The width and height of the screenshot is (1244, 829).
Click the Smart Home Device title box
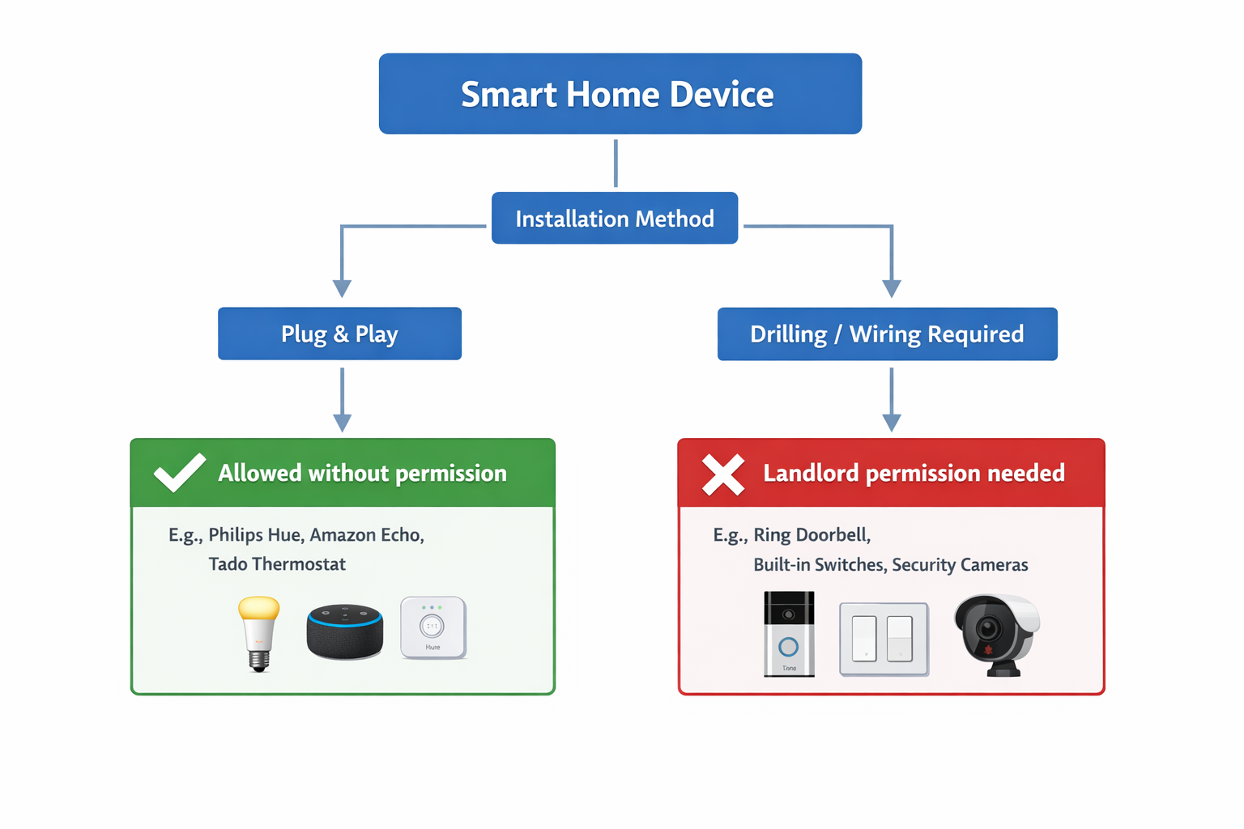(620, 94)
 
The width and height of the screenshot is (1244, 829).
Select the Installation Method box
(615, 219)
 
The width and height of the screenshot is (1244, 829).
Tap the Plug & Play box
(339, 334)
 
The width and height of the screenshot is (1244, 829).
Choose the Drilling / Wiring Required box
(887, 334)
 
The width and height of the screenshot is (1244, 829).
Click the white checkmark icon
(179, 473)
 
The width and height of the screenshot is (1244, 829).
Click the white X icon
(722, 474)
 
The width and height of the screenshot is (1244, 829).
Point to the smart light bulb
(258, 633)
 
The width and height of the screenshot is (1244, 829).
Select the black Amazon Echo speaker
(344, 632)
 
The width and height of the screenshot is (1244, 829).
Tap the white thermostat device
(432, 627)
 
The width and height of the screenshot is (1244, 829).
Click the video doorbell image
(789, 634)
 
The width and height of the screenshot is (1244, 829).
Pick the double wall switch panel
(884, 639)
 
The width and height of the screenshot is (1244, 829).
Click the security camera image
(995, 635)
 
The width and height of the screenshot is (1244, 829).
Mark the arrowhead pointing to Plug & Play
(342, 288)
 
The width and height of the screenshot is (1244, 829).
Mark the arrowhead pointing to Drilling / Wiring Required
(892, 288)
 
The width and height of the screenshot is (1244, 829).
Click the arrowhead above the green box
(342, 422)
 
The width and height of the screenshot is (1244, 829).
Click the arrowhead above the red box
(892, 422)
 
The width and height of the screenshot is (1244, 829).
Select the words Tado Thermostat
(277, 564)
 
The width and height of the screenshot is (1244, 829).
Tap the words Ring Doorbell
(812, 535)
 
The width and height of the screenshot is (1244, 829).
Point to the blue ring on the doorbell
(788, 647)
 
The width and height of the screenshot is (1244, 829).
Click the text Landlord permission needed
(914, 473)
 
